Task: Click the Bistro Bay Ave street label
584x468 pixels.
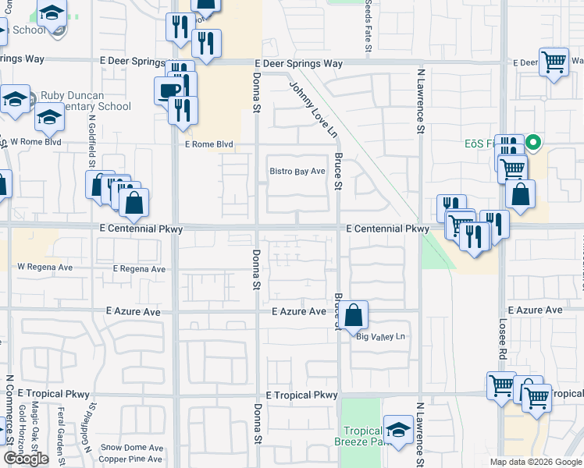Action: (x=297, y=172)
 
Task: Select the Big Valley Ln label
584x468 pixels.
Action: (x=382, y=337)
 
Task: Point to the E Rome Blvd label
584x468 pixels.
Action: (x=208, y=144)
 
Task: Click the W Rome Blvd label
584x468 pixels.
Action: (x=36, y=142)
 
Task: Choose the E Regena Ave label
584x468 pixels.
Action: (x=139, y=269)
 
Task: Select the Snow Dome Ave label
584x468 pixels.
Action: (x=132, y=448)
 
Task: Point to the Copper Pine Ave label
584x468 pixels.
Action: (x=133, y=460)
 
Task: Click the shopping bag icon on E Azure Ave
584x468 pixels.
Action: (x=354, y=316)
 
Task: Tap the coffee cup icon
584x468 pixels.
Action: (x=169, y=90)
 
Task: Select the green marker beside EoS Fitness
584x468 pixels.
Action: (x=533, y=143)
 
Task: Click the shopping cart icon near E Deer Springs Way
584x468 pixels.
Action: (x=554, y=61)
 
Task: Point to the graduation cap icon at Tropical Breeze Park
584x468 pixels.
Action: (x=398, y=429)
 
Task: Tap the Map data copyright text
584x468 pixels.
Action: (x=535, y=462)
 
